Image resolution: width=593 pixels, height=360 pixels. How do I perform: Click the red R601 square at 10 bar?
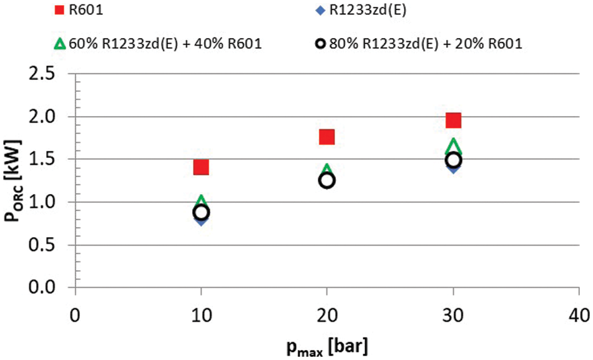pyautogui.click(x=201, y=167)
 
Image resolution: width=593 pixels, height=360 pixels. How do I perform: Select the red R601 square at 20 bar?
pyautogui.click(x=327, y=137)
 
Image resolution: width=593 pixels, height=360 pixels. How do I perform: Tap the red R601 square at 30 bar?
pyautogui.click(x=453, y=120)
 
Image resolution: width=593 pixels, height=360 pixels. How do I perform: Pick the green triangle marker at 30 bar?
pyautogui.click(x=453, y=146)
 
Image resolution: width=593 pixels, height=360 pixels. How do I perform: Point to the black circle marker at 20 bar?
pyautogui.click(x=327, y=180)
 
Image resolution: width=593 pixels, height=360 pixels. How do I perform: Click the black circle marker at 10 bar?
pyautogui.click(x=201, y=212)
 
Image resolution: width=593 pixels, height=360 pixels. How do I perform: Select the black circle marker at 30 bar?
pyautogui.click(x=453, y=160)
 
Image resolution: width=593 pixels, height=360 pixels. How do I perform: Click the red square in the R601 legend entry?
pyautogui.click(x=59, y=9)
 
